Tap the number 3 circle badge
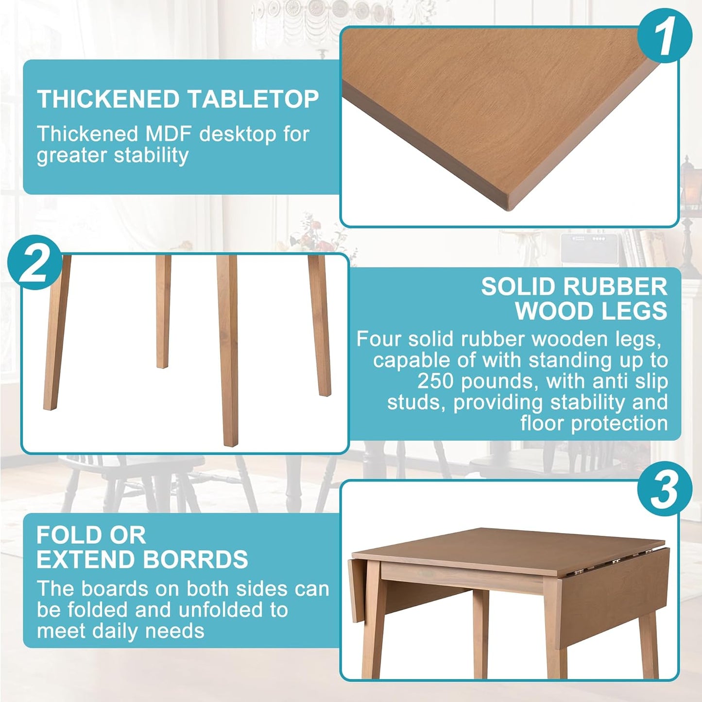click(x=664, y=489)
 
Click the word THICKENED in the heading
click(x=108, y=100)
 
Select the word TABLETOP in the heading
click(x=253, y=100)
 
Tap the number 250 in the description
click(x=435, y=381)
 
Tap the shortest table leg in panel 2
click(x=163, y=311)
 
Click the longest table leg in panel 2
click(x=228, y=350)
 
